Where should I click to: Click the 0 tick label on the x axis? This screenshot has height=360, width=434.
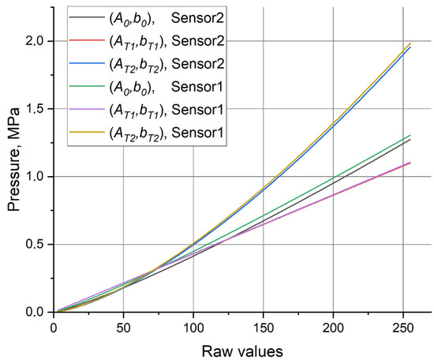click(53, 326)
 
